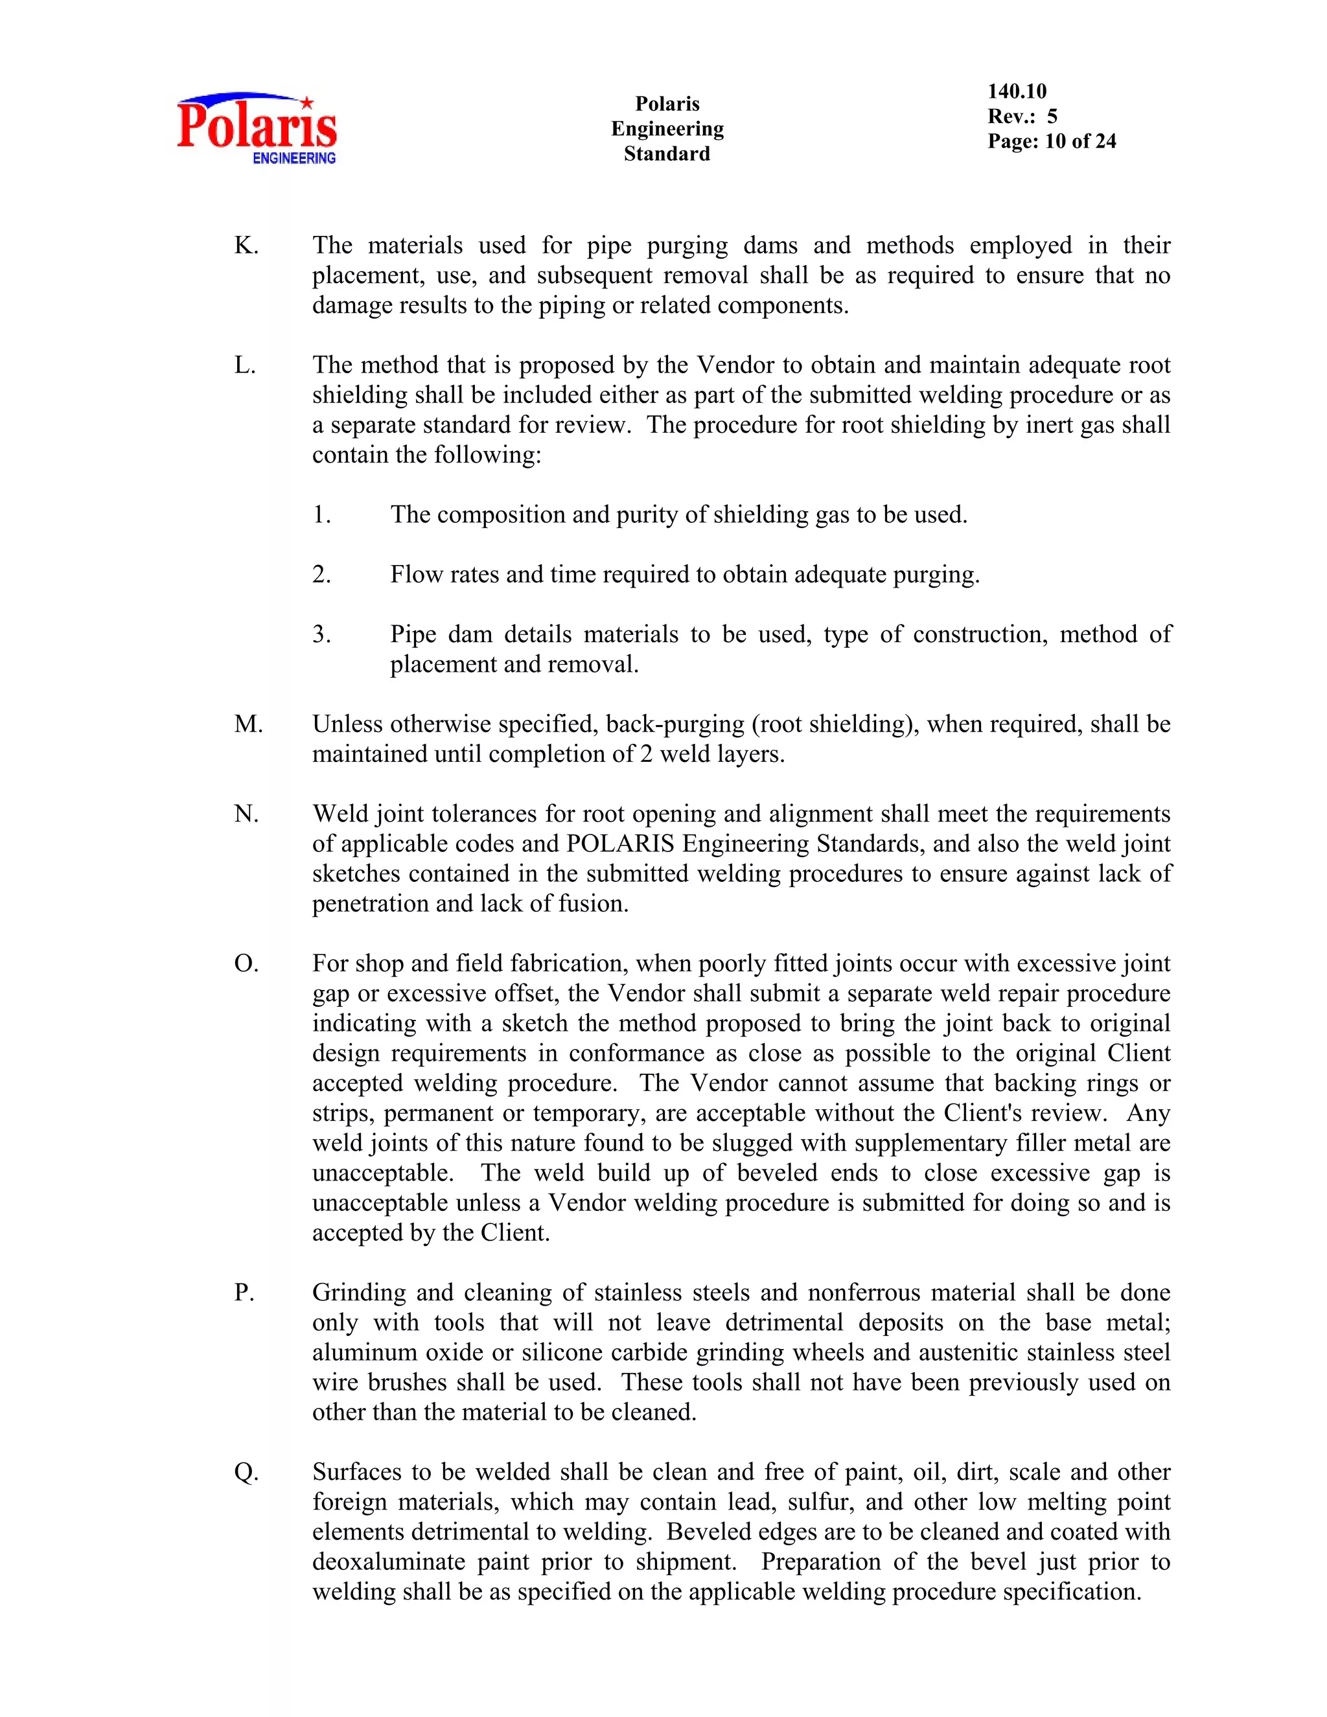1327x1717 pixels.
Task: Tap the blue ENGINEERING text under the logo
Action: [x=294, y=158]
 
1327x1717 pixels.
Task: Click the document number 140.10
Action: [x=1017, y=91]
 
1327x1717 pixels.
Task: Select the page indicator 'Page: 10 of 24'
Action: [x=1051, y=141]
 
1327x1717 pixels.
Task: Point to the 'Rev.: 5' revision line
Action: [x=1022, y=117]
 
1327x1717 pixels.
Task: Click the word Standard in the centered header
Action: [x=667, y=154]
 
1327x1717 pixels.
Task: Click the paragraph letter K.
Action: [x=246, y=246]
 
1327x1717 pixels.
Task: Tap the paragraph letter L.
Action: [x=244, y=365]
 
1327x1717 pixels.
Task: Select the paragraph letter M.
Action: [x=248, y=724]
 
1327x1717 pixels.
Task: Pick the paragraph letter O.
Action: [x=246, y=964]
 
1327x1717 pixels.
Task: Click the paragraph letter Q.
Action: [x=246, y=1471]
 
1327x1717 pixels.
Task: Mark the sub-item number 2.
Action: [x=321, y=575]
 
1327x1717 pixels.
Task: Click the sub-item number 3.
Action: [x=321, y=634]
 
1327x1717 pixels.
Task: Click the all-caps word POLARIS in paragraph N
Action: [x=620, y=844]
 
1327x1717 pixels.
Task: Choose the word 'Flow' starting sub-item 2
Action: [x=415, y=575]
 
